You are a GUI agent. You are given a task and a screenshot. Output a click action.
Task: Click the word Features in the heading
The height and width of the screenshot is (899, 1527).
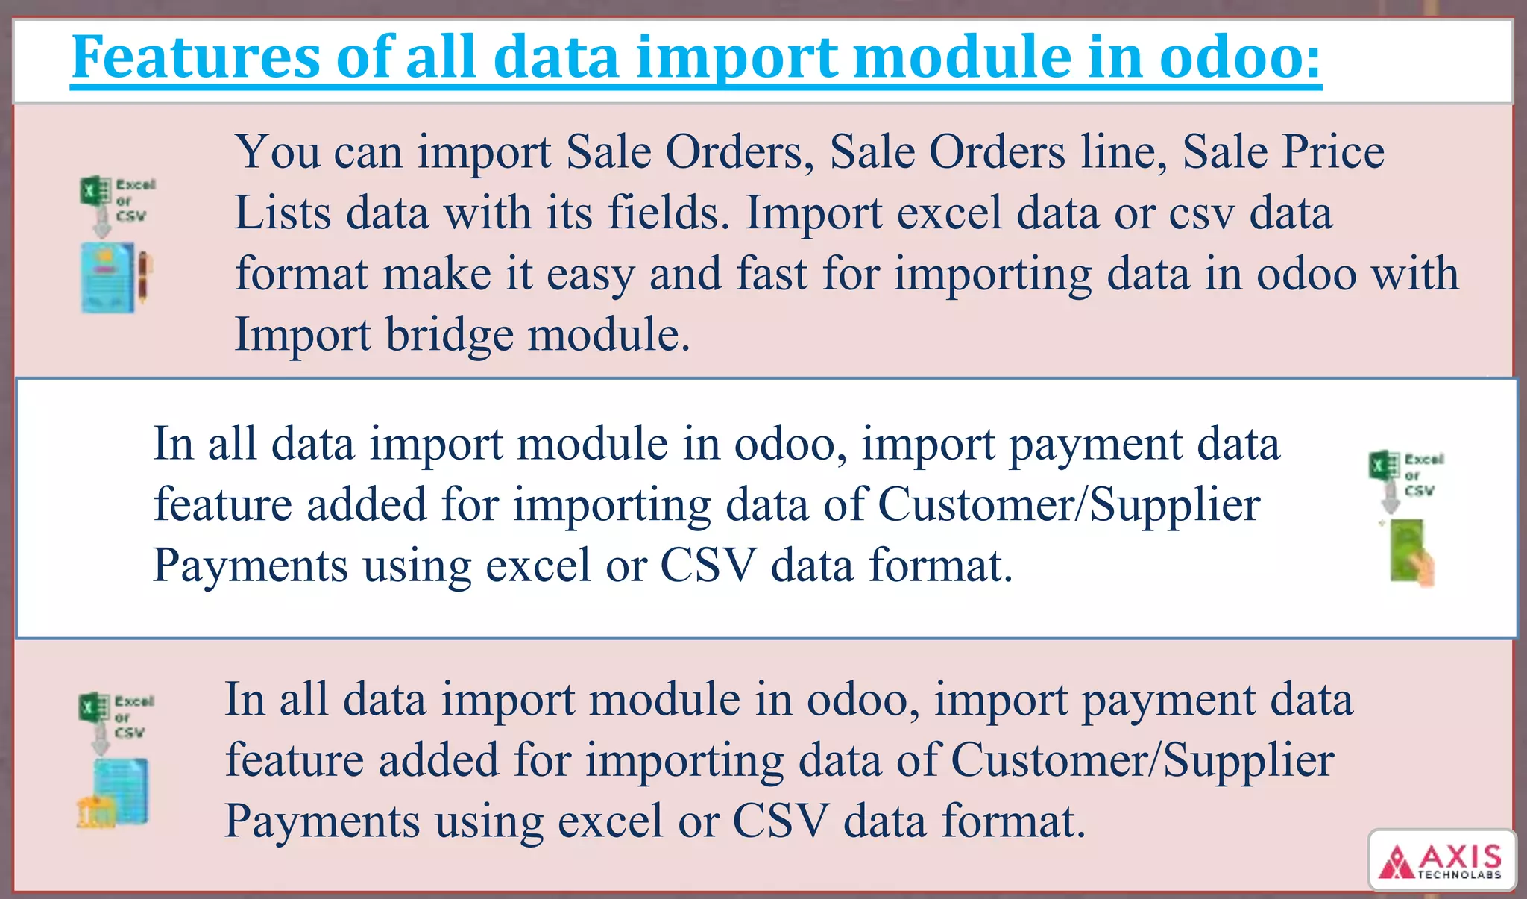point(195,57)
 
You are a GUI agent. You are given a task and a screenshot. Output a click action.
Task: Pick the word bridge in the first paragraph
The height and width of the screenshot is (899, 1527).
point(449,335)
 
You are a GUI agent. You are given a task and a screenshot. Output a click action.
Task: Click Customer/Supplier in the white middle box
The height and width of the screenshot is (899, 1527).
point(1068,505)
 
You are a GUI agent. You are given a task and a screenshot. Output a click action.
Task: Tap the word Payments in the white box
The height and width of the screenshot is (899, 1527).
point(251,566)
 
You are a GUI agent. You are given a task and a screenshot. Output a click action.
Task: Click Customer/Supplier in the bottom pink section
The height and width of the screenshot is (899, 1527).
point(1142,760)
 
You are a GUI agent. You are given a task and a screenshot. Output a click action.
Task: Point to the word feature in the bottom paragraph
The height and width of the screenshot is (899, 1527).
point(295,760)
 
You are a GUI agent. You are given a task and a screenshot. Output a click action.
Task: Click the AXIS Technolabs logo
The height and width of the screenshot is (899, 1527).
point(1442,860)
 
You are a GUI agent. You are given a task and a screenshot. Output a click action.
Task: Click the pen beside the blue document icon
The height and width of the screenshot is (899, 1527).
point(145,278)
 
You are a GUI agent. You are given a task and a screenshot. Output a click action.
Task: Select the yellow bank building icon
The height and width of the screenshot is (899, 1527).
point(95,812)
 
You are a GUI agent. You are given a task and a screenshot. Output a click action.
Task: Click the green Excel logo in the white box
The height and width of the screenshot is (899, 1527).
point(1384,466)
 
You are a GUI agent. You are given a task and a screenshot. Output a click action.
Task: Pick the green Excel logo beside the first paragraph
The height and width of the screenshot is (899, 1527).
point(95,190)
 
